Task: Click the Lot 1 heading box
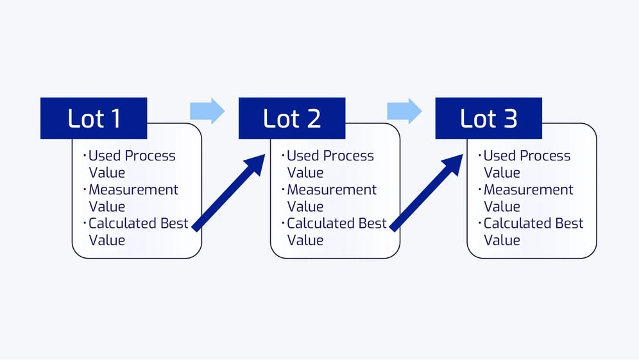[x=94, y=118]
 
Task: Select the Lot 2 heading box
[x=292, y=118]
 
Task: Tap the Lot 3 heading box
[x=488, y=118]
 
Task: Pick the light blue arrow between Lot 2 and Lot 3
[x=405, y=111]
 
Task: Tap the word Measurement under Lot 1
[x=133, y=190]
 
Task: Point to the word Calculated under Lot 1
[x=122, y=223]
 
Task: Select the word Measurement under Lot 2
[x=332, y=190]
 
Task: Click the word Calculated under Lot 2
[x=321, y=223]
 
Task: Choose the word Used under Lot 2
[x=300, y=156]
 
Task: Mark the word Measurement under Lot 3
[x=528, y=190]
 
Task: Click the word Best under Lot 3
[x=569, y=223]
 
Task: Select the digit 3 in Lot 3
[x=509, y=119]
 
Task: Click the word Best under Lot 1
[x=174, y=223]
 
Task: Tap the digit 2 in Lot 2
[x=312, y=119]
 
